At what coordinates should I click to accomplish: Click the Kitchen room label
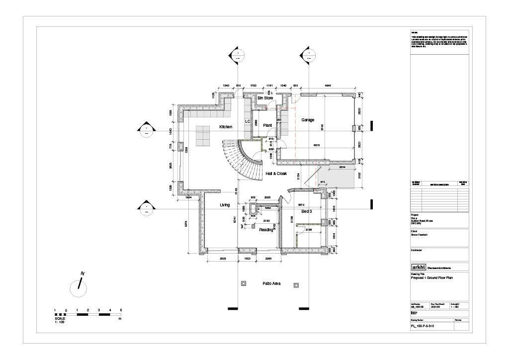(x=226, y=127)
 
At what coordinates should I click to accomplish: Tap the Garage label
(x=308, y=120)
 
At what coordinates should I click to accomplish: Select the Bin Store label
(x=265, y=98)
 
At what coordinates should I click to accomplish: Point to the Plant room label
(x=267, y=125)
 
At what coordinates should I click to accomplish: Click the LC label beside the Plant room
(x=248, y=121)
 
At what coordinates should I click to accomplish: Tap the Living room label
(x=225, y=205)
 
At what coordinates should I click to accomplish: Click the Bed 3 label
(x=306, y=211)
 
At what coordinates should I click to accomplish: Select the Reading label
(x=266, y=230)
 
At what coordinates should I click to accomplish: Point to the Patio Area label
(x=271, y=283)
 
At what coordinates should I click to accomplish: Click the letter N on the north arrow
(x=83, y=273)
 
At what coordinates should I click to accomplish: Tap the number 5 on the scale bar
(x=121, y=310)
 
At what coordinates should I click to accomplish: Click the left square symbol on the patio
(x=243, y=283)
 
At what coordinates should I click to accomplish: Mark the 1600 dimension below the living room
(x=247, y=259)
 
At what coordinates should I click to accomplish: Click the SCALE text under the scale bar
(x=60, y=318)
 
